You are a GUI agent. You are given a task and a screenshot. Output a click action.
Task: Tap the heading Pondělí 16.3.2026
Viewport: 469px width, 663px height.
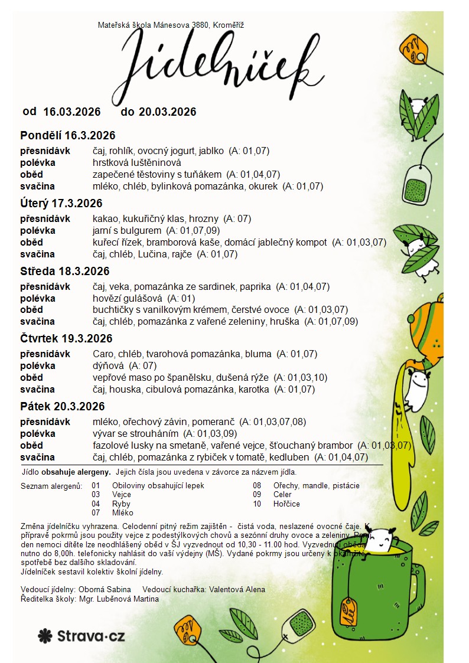pos(67,135)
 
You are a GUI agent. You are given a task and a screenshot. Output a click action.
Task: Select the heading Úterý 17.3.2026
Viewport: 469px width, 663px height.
pos(61,204)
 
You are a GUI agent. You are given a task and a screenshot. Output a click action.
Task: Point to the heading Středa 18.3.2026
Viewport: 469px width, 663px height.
pos(65,272)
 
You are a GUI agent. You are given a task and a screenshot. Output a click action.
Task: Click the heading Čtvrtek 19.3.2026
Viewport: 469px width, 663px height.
pos(66,339)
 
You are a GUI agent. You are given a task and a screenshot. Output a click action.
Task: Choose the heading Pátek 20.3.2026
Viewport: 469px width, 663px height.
pos(63,407)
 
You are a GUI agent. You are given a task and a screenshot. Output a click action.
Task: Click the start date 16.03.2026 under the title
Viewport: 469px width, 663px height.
pos(71,112)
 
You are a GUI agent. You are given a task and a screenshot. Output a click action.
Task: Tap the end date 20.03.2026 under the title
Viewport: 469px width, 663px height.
pos(167,112)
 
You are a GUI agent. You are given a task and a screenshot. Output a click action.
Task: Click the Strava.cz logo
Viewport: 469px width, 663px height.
pos(82,636)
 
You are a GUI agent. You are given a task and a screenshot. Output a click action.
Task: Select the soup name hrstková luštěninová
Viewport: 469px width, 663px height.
pos(136,162)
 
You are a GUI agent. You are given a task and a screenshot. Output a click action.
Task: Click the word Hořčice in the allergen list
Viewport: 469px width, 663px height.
pos(286,504)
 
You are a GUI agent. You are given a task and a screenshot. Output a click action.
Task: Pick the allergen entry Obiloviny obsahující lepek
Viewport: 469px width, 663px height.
pos(158,486)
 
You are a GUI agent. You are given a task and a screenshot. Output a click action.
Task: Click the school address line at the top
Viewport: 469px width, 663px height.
pos(171,25)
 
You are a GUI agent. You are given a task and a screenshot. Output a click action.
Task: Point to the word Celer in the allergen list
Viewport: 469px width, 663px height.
pos(282,495)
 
